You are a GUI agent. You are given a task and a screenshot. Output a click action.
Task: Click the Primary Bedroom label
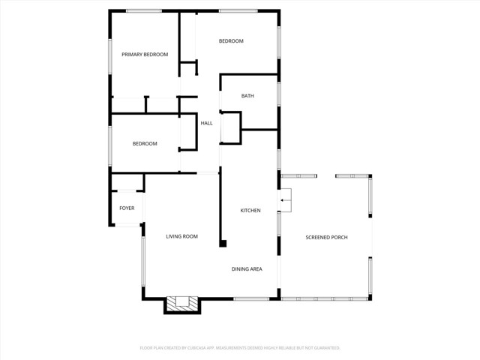tap(145, 54)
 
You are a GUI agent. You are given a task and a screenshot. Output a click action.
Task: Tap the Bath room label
tap(247, 96)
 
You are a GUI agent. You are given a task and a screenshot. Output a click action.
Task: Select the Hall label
tap(206, 123)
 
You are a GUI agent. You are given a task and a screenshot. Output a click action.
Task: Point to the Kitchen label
tap(250, 211)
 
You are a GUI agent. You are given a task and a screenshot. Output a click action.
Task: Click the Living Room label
tap(181, 236)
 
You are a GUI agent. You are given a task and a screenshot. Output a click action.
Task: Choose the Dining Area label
tap(246, 268)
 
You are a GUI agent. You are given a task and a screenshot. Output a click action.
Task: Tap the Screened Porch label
tap(327, 238)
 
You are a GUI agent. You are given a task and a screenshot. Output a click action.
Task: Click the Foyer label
tap(127, 208)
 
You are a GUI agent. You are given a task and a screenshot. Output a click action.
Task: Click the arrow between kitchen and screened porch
tap(286, 200)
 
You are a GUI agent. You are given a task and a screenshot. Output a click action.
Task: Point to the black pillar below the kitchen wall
tap(223, 243)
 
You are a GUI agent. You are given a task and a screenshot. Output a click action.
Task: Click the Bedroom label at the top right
tap(231, 40)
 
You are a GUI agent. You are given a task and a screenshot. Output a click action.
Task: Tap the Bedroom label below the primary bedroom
tap(145, 143)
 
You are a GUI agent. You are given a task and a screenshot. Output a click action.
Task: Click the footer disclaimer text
tap(240, 348)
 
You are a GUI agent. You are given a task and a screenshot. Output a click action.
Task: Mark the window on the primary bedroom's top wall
tap(144, 10)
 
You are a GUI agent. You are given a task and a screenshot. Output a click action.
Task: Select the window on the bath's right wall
tap(278, 93)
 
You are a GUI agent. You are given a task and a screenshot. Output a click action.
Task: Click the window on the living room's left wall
tap(142, 262)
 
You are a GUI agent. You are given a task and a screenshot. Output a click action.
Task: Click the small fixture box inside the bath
tap(231, 127)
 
